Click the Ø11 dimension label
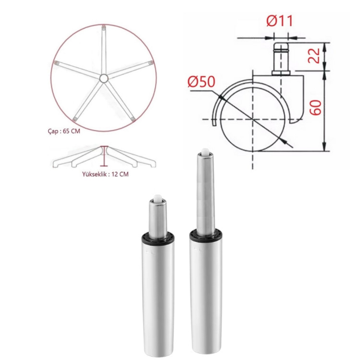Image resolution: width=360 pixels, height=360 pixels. point(280,21)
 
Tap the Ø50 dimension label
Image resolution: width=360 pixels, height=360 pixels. point(201,82)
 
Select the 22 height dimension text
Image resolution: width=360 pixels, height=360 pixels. point(314,56)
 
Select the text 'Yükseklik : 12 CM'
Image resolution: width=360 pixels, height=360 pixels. point(106,174)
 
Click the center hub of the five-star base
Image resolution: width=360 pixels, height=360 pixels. point(104,78)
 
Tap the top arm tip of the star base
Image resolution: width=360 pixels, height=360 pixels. point(104,27)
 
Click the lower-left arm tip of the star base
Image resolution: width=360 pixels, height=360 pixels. point(74,120)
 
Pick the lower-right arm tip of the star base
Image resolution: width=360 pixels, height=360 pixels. point(132,119)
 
